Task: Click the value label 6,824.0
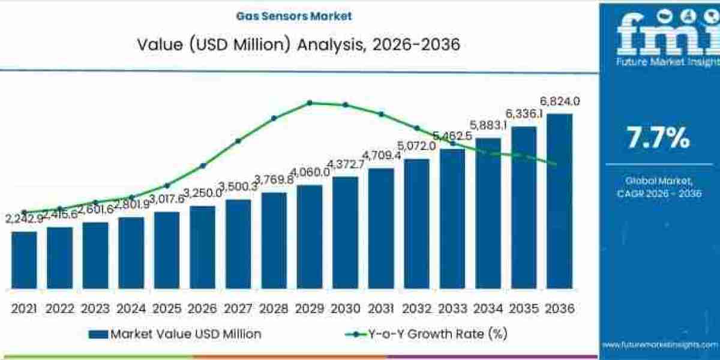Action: (559, 101)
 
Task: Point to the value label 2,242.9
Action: (22, 219)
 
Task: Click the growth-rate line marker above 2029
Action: (310, 103)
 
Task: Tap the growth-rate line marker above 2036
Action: (555, 163)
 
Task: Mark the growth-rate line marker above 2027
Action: (238, 141)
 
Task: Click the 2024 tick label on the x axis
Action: (131, 308)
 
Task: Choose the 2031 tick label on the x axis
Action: (380, 308)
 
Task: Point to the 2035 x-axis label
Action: (524, 308)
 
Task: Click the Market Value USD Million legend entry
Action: (175, 334)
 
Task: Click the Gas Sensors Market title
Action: (298, 16)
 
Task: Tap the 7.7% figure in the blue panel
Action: (658, 139)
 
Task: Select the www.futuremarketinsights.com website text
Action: (659, 344)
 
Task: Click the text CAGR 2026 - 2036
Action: (659, 193)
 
